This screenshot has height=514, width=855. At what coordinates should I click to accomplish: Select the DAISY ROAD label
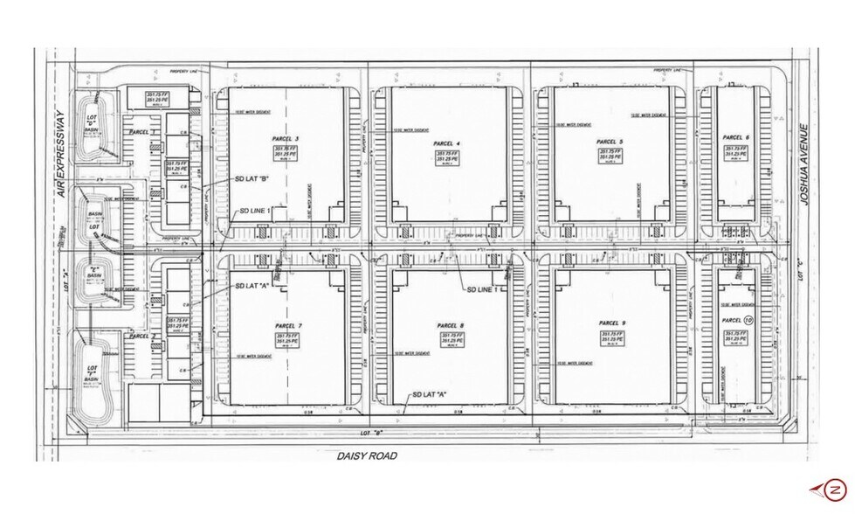coord(367,455)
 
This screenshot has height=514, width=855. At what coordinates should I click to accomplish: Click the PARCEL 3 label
coord(285,139)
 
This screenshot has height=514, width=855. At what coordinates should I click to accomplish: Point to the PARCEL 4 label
coord(446,142)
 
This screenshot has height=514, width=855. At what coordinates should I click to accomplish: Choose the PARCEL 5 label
coord(609,142)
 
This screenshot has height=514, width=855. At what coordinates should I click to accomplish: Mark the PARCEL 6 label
coord(736,137)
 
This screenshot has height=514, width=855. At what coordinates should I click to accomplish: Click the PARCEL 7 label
coord(287,325)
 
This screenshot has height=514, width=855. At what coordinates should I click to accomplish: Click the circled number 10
coord(748,321)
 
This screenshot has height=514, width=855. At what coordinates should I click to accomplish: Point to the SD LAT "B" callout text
coord(252,179)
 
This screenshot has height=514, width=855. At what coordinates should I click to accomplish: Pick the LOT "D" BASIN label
coord(91,122)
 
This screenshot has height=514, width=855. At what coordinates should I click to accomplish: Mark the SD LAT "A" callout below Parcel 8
coord(429,394)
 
